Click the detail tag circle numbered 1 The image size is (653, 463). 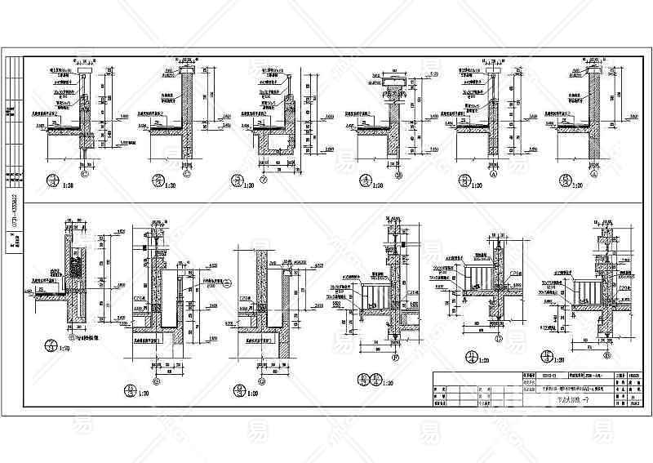click(x=55, y=180)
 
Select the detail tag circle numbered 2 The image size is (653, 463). click(x=158, y=180)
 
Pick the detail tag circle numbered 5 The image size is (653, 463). click(x=464, y=181)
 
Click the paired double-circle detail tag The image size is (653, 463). click(x=368, y=379)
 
